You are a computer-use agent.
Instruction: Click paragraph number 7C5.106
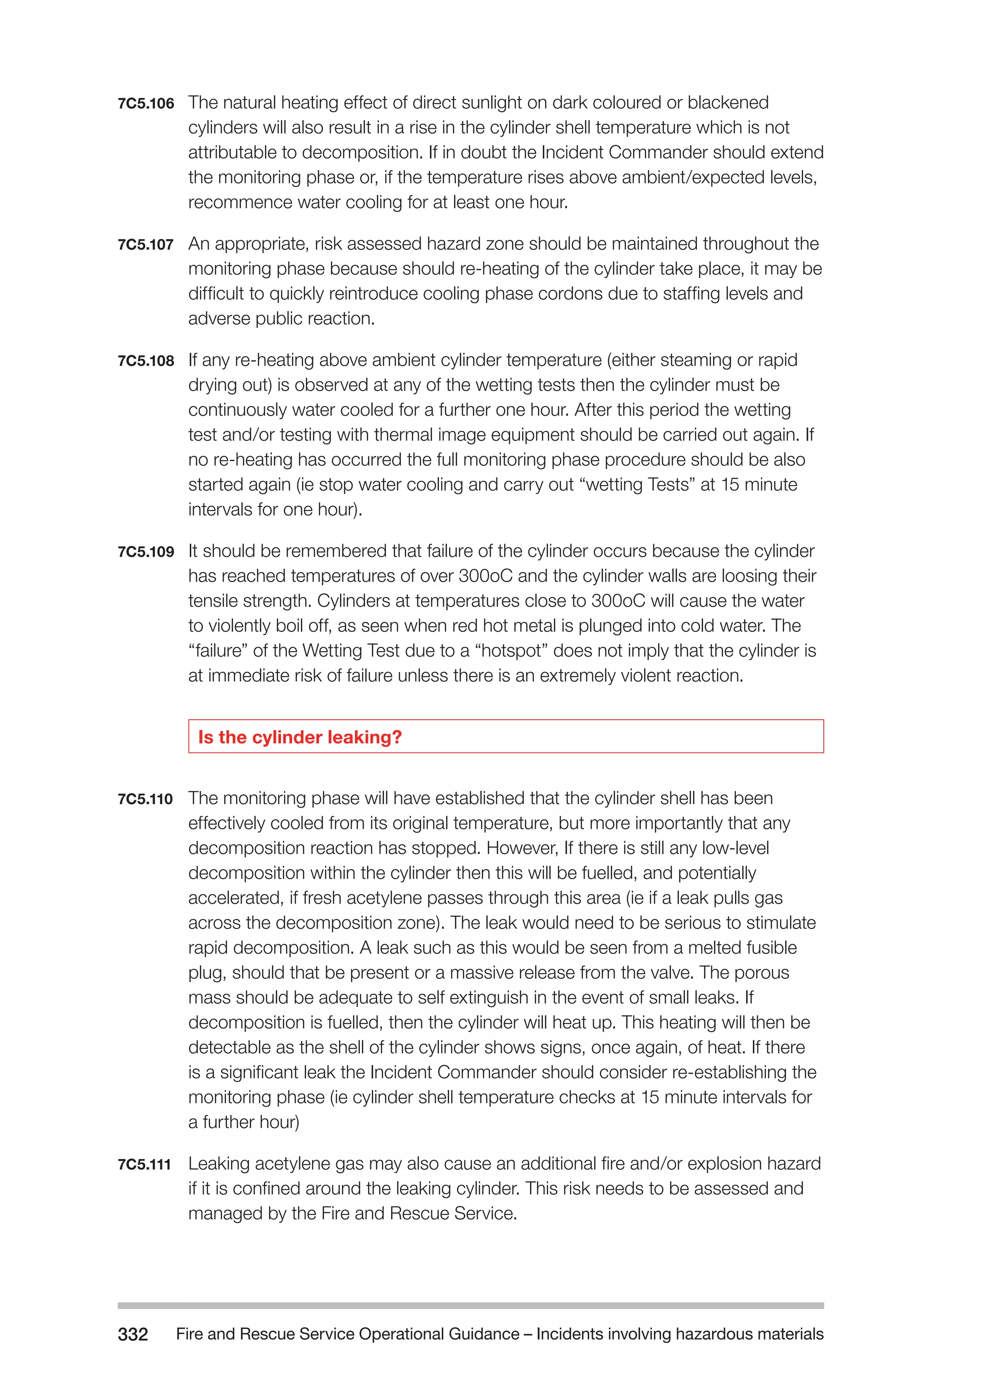click(145, 103)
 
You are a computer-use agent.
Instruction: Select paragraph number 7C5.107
click(145, 245)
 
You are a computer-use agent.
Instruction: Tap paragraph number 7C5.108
click(145, 361)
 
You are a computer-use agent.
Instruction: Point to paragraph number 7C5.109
click(145, 552)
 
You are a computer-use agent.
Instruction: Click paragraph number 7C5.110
click(145, 799)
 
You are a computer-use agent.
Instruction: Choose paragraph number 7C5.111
click(144, 1165)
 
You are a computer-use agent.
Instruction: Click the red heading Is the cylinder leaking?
click(299, 737)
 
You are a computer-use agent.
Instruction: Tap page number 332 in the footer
click(133, 1335)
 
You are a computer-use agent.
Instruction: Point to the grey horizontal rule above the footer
click(470, 1305)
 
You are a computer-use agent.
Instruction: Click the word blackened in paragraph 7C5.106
click(728, 103)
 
